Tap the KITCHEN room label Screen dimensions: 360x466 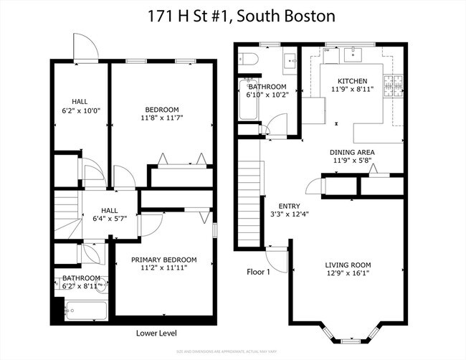353,81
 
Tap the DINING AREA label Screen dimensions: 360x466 352,152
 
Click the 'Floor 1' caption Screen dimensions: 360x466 258,273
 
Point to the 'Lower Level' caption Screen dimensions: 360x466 156,333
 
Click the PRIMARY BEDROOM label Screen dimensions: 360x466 163,260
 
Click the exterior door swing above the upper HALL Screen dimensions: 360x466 85,47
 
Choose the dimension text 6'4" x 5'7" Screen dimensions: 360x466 108,219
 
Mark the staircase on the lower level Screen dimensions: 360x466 66,209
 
